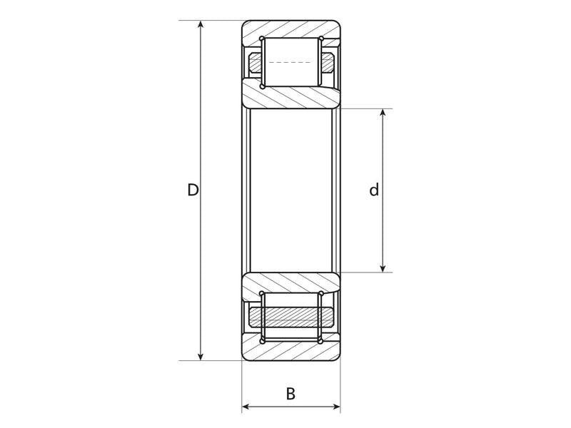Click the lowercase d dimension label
point(373,190)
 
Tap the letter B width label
point(290,393)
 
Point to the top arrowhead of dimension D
point(201,26)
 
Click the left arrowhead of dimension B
point(246,407)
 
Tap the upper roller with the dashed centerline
point(291,62)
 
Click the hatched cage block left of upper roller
point(256,63)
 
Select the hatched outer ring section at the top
point(291,30)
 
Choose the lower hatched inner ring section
point(291,285)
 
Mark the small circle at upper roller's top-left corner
point(263,39)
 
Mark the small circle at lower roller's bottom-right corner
point(320,341)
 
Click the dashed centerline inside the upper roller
point(291,63)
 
